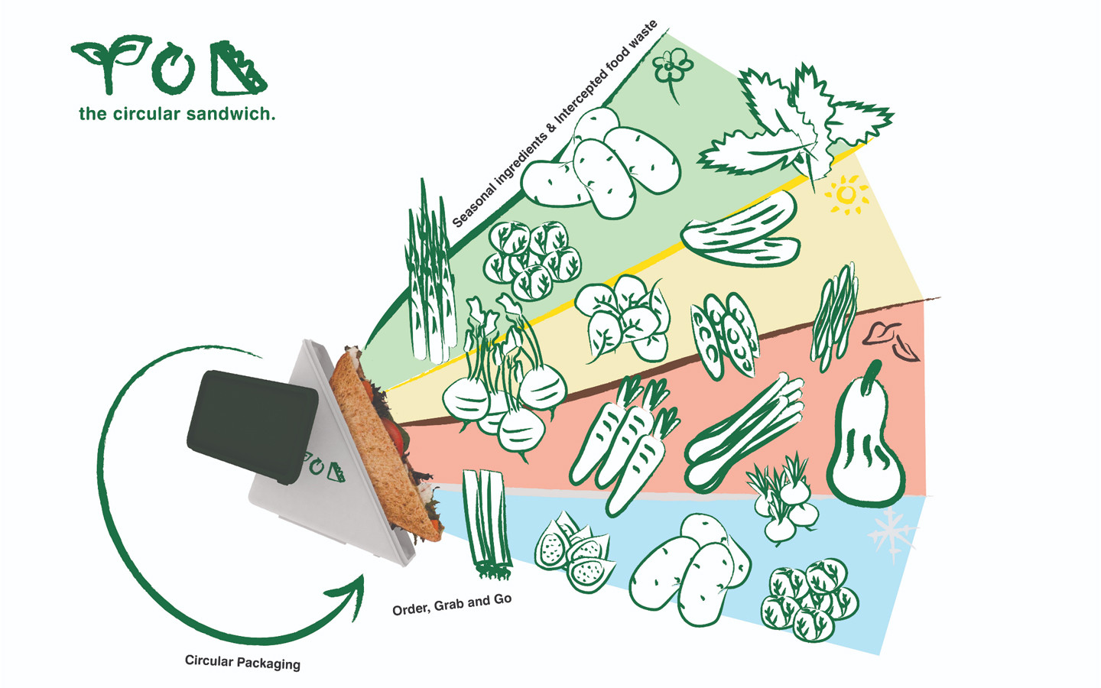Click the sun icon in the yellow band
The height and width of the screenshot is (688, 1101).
(846, 194)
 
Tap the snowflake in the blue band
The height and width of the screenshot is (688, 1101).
(892, 533)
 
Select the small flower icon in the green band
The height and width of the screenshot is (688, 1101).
(672, 69)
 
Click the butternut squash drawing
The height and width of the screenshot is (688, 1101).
(867, 443)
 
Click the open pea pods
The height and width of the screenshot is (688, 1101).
(723, 335)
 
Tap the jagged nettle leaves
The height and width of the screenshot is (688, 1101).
(795, 126)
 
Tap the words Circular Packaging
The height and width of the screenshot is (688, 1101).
(242, 662)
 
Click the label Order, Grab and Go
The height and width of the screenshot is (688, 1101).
(452, 605)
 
